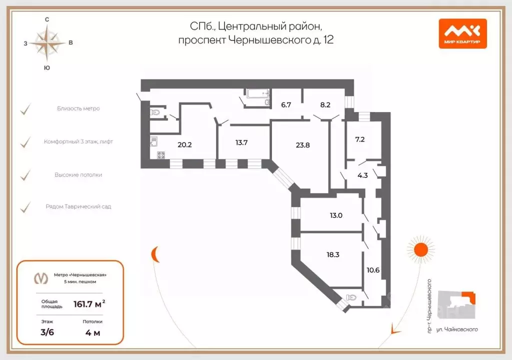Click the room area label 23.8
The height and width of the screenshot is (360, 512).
302,145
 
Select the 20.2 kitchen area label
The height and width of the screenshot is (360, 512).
184,144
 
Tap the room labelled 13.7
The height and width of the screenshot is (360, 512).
241,142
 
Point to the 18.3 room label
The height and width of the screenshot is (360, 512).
332,254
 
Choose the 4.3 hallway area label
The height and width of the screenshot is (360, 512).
362,175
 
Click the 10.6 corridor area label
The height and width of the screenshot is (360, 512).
373,270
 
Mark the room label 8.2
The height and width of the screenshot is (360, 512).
325,105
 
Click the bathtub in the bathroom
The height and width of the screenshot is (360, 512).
258,94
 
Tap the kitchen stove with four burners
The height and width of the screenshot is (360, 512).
161,155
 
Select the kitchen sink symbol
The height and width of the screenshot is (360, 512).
154,141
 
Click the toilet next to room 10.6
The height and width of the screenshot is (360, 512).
351,297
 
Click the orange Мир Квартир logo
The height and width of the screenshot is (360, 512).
462,33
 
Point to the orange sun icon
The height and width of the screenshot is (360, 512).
421,249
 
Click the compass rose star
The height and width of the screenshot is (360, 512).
47,43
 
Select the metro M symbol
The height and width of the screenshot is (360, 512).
41,278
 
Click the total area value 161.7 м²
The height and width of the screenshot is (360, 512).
89,304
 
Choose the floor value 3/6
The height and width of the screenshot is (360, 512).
47,332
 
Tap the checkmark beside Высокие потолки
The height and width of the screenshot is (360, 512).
25,175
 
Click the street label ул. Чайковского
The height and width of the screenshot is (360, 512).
457,329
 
